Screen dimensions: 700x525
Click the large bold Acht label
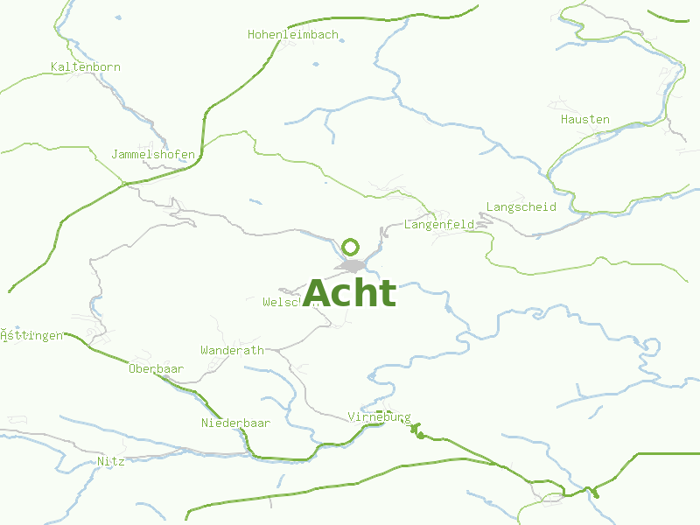pyautogui.click(x=350, y=292)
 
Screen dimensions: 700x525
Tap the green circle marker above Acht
pyautogui.click(x=351, y=247)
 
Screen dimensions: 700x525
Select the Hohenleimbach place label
pyautogui.click(x=292, y=35)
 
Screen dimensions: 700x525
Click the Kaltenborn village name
pyautogui.click(x=86, y=67)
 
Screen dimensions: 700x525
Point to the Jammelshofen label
pyautogui.click(x=153, y=155)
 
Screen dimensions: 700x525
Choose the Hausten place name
pyautogui.click(x=585, y=120)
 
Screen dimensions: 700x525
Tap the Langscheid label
pyautogui.click(x=521, y=207)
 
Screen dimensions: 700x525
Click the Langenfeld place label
pyautogui.click(x=439, y=225)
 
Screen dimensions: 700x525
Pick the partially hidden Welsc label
pyautogui.click(x=282, y=303)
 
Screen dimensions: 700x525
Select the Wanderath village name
pyautogui.click(x=232, y=351)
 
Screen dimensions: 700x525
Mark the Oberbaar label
pyautogui.click(x=156, y=369)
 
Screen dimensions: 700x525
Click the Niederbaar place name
pyautogui.click(x=235, y=423)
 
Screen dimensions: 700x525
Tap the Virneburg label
pyautogui.click(x=379, y=416)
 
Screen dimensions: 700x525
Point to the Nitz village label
pyautogui.click(x=110, y=461)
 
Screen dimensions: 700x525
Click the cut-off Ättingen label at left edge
pyautogui.click(x=31, y=336)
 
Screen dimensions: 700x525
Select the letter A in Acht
pyautogui.click(x=318, y=293)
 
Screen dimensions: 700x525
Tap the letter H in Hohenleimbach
pyautogui.click(x=251, y=35)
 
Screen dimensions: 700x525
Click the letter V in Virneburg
pyautogui.click(x=351, y=416)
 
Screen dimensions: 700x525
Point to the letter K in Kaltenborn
pyautogui.click(x=54, y=67)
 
